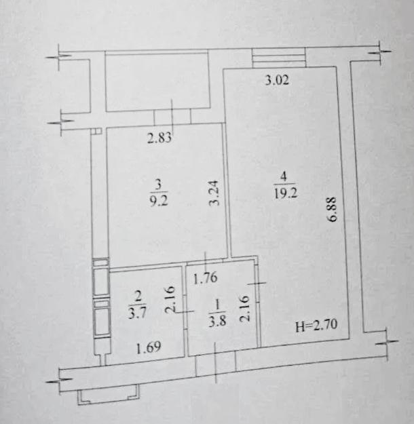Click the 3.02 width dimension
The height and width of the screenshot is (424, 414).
(277, 80)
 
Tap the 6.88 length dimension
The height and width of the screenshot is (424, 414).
(332, 209)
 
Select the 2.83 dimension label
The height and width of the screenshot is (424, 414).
(159, 138)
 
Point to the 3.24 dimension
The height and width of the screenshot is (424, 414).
(214, 193)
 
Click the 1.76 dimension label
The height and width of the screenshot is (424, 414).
(206, 277)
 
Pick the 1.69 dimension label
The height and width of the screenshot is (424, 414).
(149, 347)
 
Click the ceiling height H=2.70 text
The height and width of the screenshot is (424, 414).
(316, 325)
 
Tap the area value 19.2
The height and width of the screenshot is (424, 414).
(286, 193)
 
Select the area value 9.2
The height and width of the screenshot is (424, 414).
(159, 201)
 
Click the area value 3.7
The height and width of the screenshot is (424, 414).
(138, 313)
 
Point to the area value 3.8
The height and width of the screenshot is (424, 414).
(217, 322)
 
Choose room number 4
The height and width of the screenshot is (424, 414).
(284, 176)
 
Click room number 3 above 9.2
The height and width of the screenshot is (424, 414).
(159, 185)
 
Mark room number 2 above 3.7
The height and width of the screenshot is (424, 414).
(138, 296)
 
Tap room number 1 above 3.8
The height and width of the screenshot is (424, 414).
(217, 305)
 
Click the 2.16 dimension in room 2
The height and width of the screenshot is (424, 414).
(170, 299)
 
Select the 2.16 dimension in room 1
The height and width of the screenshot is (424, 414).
(244, 308)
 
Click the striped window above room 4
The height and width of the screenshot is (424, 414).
(279, 58)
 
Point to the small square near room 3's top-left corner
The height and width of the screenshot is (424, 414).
(97, 131)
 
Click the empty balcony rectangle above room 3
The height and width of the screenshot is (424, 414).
(157, 82)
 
